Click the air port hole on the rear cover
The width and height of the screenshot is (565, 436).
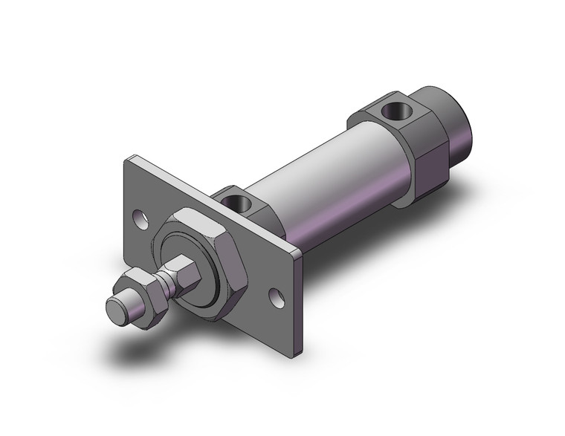tap(393, 111)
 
